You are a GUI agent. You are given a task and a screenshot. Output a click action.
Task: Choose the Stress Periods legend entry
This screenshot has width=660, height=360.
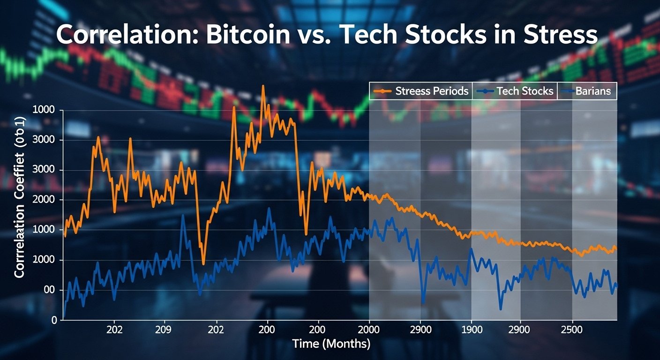[x=421, y=91]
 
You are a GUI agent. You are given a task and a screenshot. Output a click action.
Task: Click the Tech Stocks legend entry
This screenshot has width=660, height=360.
[x=515, y=91]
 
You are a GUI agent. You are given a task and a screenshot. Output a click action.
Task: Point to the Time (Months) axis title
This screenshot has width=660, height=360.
[x=331, y=344]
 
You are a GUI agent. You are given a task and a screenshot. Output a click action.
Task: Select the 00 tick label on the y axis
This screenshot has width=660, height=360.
[x=50, y=290]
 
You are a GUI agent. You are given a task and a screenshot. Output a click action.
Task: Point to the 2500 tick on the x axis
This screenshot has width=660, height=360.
[x=571, y=330]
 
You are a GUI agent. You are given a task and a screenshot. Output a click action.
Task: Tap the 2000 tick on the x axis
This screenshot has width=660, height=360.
[x=368, y=330]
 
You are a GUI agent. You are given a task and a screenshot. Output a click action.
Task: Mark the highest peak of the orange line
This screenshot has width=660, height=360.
[x=263, y=86]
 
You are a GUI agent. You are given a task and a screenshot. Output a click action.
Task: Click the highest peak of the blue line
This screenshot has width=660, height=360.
[x=269, y=209]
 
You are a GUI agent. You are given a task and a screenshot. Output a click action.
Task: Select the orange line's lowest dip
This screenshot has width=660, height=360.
[x=203, y=264]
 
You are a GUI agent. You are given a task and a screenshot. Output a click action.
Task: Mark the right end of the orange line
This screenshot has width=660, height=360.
[x=616, y=248]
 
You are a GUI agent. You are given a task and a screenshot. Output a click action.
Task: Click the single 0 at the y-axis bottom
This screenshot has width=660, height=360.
[x=54, y=320]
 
